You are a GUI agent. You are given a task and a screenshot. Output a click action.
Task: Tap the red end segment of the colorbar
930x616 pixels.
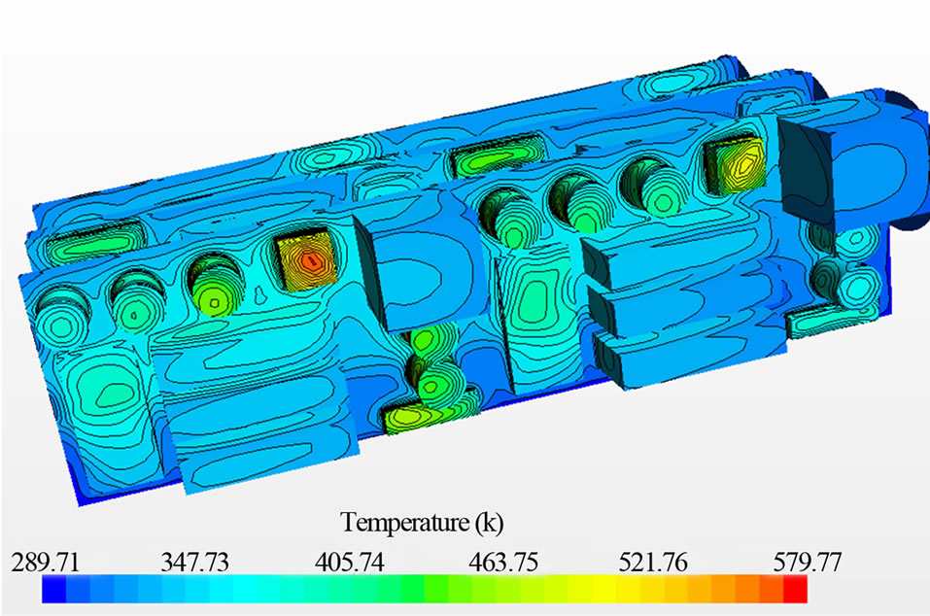(x=795, y=589)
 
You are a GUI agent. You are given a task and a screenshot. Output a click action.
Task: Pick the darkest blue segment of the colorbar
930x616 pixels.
(x=54, y=589)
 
